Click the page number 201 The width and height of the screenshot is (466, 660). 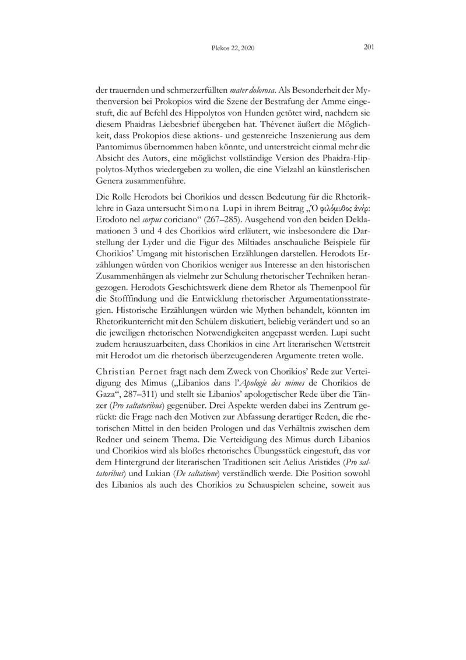368,47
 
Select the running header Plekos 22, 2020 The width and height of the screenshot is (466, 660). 233,48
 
